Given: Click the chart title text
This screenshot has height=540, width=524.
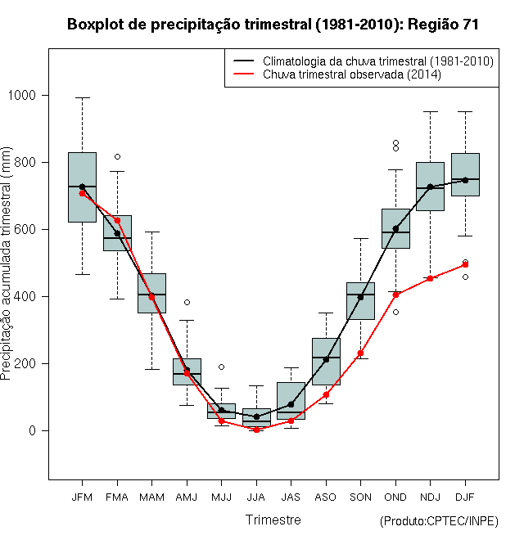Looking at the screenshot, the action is [x=273, y=25].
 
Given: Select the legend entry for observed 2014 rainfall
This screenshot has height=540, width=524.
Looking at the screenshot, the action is [x=337, y=74].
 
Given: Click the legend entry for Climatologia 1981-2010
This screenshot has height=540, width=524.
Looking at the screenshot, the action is [x=364, y=61].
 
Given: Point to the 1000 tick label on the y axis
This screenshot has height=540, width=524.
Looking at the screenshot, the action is [x=22, y=95].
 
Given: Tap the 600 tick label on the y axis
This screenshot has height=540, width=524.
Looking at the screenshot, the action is [x=25, y=229].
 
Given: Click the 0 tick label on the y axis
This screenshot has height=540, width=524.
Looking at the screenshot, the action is [x=33, y=431].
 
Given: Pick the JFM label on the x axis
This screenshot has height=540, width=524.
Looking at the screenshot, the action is [x=82, y=497].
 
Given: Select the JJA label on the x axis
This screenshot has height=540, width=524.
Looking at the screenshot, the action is [x=256, y=497].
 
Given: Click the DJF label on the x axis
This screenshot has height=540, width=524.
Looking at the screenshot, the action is [x=465, y=497].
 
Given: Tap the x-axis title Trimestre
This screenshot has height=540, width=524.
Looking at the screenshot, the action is [x=273, y=520].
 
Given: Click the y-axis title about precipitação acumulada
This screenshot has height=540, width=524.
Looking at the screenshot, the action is [x=6, y=263].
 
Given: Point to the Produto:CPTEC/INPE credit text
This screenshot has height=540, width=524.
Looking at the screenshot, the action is [x=439, y=521].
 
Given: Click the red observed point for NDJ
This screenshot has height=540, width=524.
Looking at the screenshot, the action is [x=430, y=278].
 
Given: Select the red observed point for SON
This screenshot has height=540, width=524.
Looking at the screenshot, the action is [x=360, y=353].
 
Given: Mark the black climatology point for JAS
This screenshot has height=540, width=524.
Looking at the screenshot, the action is [x=291, y=404].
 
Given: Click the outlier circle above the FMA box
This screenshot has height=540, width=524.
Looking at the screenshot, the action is [x=117, y=157].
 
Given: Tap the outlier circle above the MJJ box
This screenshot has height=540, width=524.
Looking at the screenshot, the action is [x=221, y=367].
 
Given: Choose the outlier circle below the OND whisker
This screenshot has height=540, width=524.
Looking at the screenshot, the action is [x=395, y=313].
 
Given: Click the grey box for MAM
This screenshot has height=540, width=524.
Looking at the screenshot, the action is [x=151, y=293].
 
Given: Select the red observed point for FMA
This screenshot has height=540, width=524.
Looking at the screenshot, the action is [x=117, y=220].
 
